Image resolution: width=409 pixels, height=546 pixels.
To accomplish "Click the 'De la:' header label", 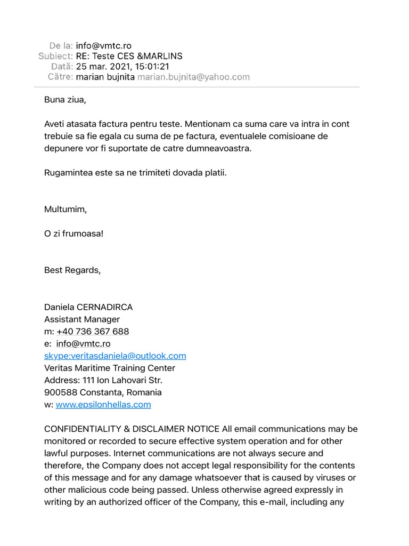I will click(61, 46).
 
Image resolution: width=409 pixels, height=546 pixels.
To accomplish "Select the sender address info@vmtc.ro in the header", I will click(103, 46).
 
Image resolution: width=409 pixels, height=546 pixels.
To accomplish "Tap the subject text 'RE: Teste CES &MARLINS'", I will click(129, 56).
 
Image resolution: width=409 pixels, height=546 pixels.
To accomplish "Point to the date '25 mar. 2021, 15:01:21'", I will click(122, 67).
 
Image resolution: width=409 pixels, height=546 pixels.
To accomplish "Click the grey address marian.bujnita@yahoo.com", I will click(193, 77).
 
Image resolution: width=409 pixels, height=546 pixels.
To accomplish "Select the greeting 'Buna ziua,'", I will click(65, 100).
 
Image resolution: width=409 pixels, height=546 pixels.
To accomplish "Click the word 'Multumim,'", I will click(66, 209).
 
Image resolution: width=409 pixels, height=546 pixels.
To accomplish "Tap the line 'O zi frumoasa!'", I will click(73, 234).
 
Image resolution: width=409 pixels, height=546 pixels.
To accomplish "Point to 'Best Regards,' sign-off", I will click(72, 270).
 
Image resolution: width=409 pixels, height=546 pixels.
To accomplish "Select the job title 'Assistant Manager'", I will click(82, 319).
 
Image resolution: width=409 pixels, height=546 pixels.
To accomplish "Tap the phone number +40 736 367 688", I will click(93, 332).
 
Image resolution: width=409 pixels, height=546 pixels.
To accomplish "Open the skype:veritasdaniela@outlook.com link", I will click(115, 356).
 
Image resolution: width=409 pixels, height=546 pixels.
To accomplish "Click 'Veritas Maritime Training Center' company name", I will click(110, 368).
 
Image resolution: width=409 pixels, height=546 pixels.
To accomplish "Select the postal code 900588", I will click(61, 392).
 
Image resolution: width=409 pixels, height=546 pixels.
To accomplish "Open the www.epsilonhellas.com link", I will click(103, 405).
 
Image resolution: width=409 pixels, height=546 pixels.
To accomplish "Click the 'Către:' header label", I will click(60, 77).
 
